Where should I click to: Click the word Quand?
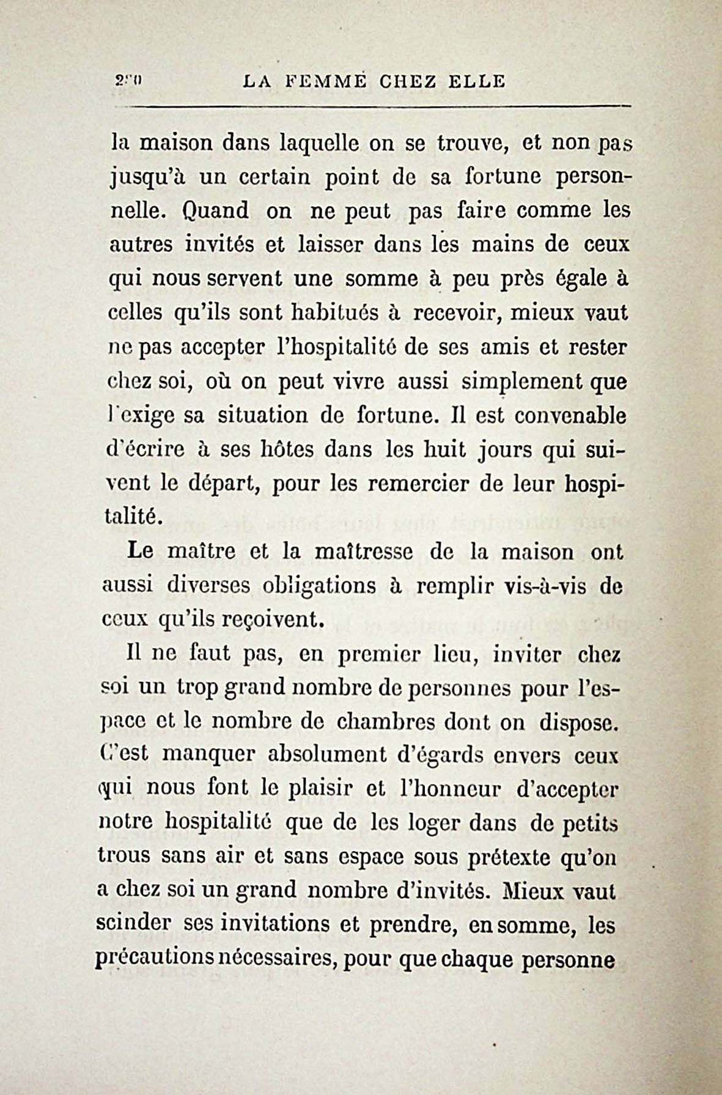click(215, 211)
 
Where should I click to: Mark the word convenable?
click(570, 416)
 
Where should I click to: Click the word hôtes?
click(275, 450)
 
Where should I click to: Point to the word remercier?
click(419, 484)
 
